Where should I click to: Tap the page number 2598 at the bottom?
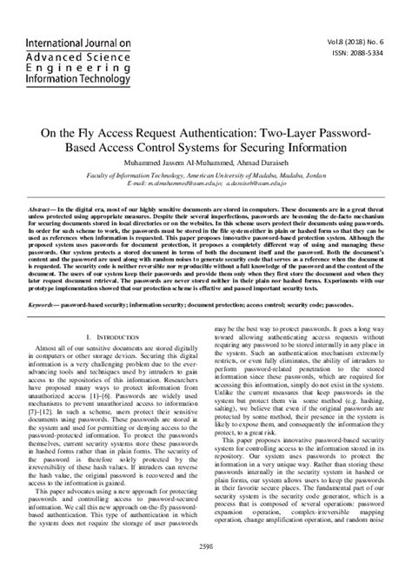pos(206,571)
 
